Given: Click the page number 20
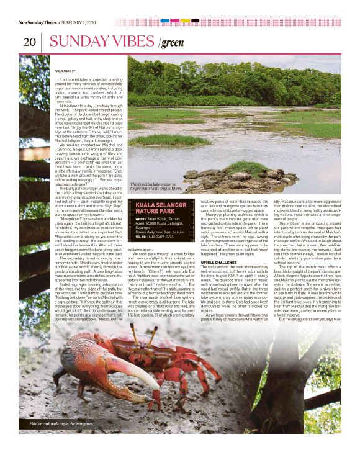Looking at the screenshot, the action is point(29,42).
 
